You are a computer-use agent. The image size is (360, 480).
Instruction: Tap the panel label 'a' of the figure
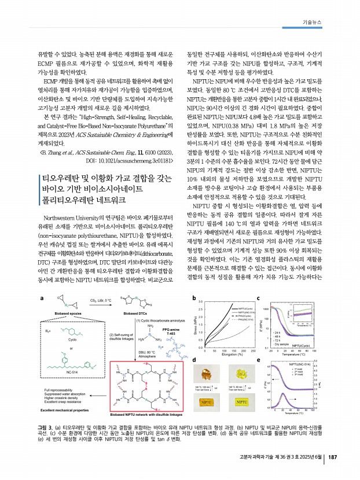click(40, 297)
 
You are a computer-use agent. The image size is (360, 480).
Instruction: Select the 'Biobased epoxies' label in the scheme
click(58, 328)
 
